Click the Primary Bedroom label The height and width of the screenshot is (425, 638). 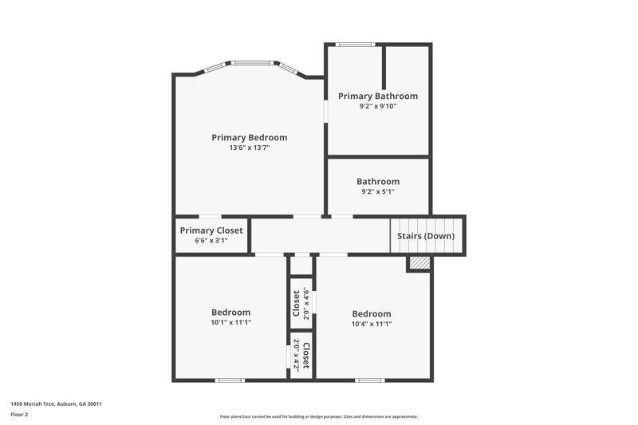(x=249, y=137)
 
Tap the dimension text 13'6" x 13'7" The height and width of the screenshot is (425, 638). (x=249, y=148)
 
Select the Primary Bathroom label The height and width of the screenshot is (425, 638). (x=377, y=96)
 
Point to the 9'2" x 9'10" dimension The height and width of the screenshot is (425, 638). (x=377, y=106)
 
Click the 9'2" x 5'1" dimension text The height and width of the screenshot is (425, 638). (x=377, y=191)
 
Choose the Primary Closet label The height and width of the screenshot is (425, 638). (x=211, y=230)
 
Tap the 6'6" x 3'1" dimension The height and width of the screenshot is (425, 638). (x=211, y=240)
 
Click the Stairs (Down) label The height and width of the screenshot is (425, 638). (x=426, y=236)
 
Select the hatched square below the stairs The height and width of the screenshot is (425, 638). (x=419, y=263)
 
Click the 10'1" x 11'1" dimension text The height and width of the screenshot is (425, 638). (x=230, y=323)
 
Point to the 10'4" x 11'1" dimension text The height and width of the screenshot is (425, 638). (x=371, y=324)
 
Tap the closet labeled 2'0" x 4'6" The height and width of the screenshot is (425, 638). (x=301, y=303)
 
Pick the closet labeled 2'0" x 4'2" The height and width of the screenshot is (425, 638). (x=301, y=355)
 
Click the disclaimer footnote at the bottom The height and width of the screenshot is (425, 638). (x=318, y=416)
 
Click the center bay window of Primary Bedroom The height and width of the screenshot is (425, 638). (x=254, y=63)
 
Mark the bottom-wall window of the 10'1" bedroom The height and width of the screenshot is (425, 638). (x=230, y=380)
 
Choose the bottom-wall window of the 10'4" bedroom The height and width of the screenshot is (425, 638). (x=369, y=380)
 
